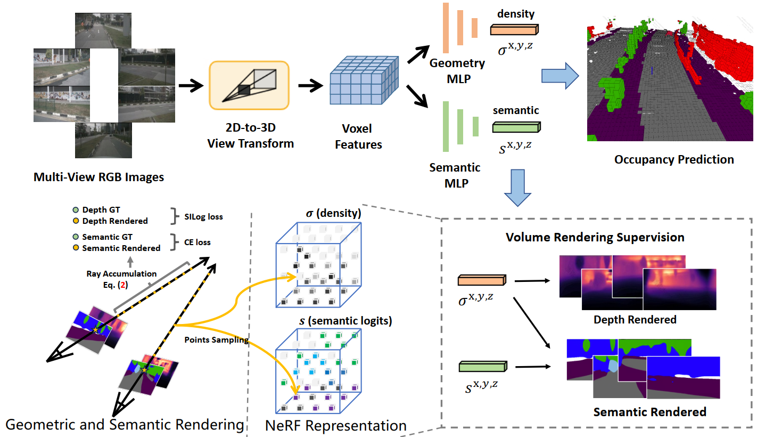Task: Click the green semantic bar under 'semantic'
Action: [x=516, y=127]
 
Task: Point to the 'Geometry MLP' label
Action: [x=457, y=70]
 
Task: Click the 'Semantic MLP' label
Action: [x=455, y=174]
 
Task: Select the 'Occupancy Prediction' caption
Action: [x=673, y=159]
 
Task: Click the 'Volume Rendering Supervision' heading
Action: [x=595, y=237]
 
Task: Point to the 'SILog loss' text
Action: [x=203, y=216]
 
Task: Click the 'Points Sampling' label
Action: [x=217, y=339]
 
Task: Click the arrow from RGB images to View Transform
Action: [x=191, y=85]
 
